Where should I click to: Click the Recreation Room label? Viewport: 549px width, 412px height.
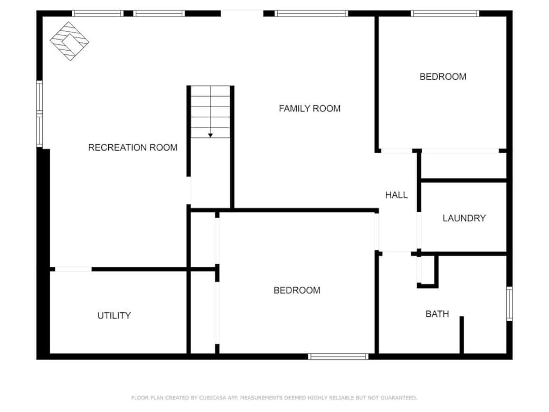point(132,147)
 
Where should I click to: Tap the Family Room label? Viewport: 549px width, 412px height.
point(309,109)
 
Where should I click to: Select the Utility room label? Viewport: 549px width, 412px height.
point(114,316)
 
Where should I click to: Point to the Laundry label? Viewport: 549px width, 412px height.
point(464,218)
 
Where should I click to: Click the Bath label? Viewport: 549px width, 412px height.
point(437,314)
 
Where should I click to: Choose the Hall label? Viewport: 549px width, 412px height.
point(396,195)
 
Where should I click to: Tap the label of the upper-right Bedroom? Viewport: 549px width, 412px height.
point(443,77)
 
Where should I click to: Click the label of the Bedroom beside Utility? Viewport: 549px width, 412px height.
point(297,291)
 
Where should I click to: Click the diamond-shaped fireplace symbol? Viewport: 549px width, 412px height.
point(69,41)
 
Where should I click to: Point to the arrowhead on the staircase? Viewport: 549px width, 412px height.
point(211,135)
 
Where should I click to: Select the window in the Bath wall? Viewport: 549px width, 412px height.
point(510,304)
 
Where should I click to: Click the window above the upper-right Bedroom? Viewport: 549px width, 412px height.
point(444,14)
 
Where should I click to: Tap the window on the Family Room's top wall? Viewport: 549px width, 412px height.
point(311,14)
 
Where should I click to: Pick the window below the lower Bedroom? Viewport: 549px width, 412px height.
point(338,357)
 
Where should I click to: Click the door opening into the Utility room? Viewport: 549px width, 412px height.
point(73,269)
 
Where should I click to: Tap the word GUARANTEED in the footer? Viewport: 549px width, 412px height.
point(399,398)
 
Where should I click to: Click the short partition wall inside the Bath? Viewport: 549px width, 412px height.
point(462,335)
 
